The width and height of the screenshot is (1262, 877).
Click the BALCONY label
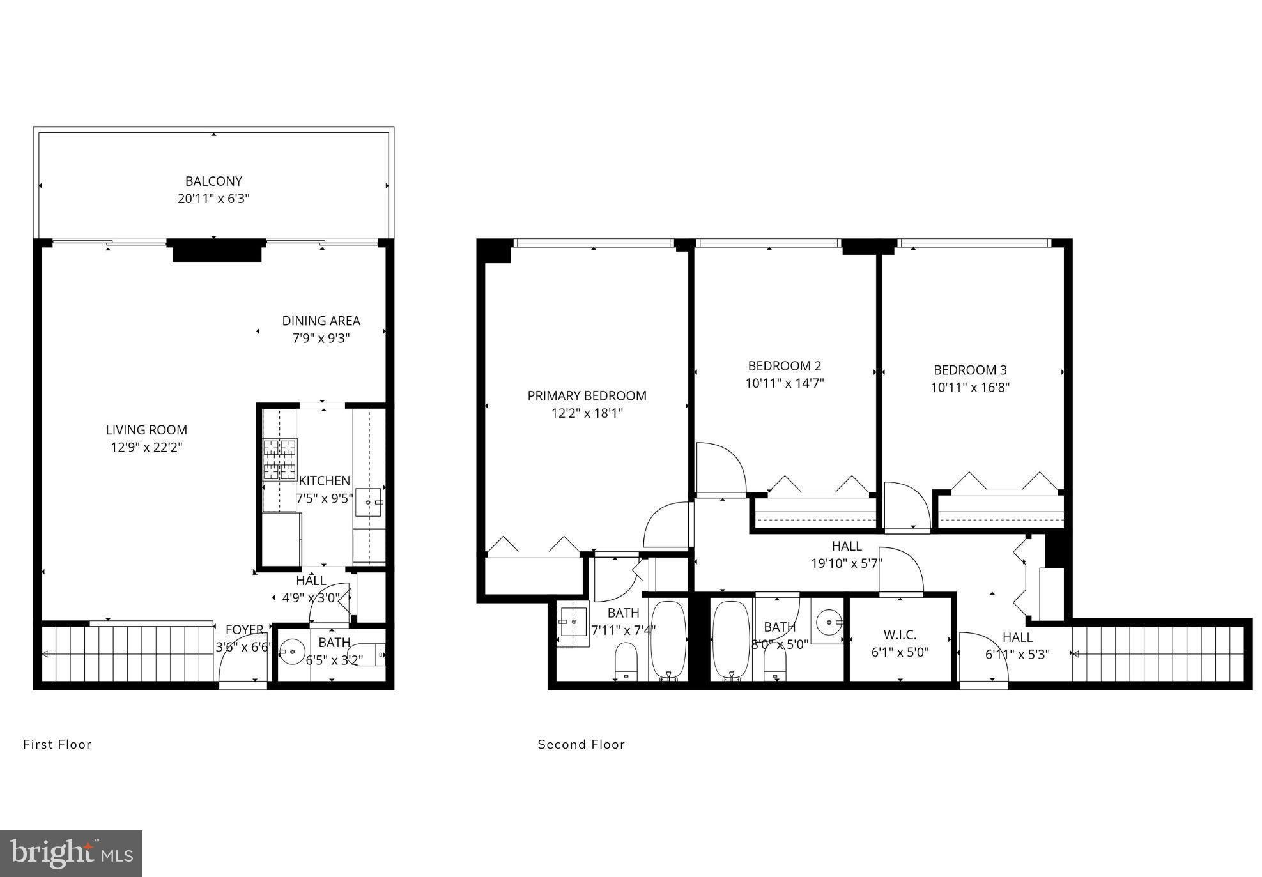click(213, 181)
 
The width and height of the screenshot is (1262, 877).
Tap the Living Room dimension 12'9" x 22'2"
click(146, 447)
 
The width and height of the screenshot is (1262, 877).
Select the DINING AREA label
click(321, 321)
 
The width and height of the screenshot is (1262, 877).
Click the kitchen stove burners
click(280, 459)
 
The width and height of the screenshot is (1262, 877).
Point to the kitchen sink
click(369, 502)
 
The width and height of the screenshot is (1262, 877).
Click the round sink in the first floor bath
click(292, 652)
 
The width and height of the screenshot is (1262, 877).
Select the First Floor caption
click(58, 744)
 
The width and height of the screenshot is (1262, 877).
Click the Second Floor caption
click(581, 744)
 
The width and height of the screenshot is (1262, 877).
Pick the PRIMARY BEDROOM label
click(587, 396)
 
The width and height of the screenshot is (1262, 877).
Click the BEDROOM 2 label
click(785, 366)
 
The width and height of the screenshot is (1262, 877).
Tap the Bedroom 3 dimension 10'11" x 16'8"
click(970, 387)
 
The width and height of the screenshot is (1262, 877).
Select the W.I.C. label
click(900, 635)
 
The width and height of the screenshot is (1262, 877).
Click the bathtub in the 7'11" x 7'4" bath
click(668, 641)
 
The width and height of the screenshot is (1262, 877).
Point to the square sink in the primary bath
click(573, 622)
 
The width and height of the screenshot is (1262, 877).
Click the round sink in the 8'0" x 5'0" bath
click(829, 621)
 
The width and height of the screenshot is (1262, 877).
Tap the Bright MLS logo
click(72, 853)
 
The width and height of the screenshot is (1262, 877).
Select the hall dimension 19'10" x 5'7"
click(847, 564)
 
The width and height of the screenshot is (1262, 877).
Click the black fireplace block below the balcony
click(217, 250)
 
